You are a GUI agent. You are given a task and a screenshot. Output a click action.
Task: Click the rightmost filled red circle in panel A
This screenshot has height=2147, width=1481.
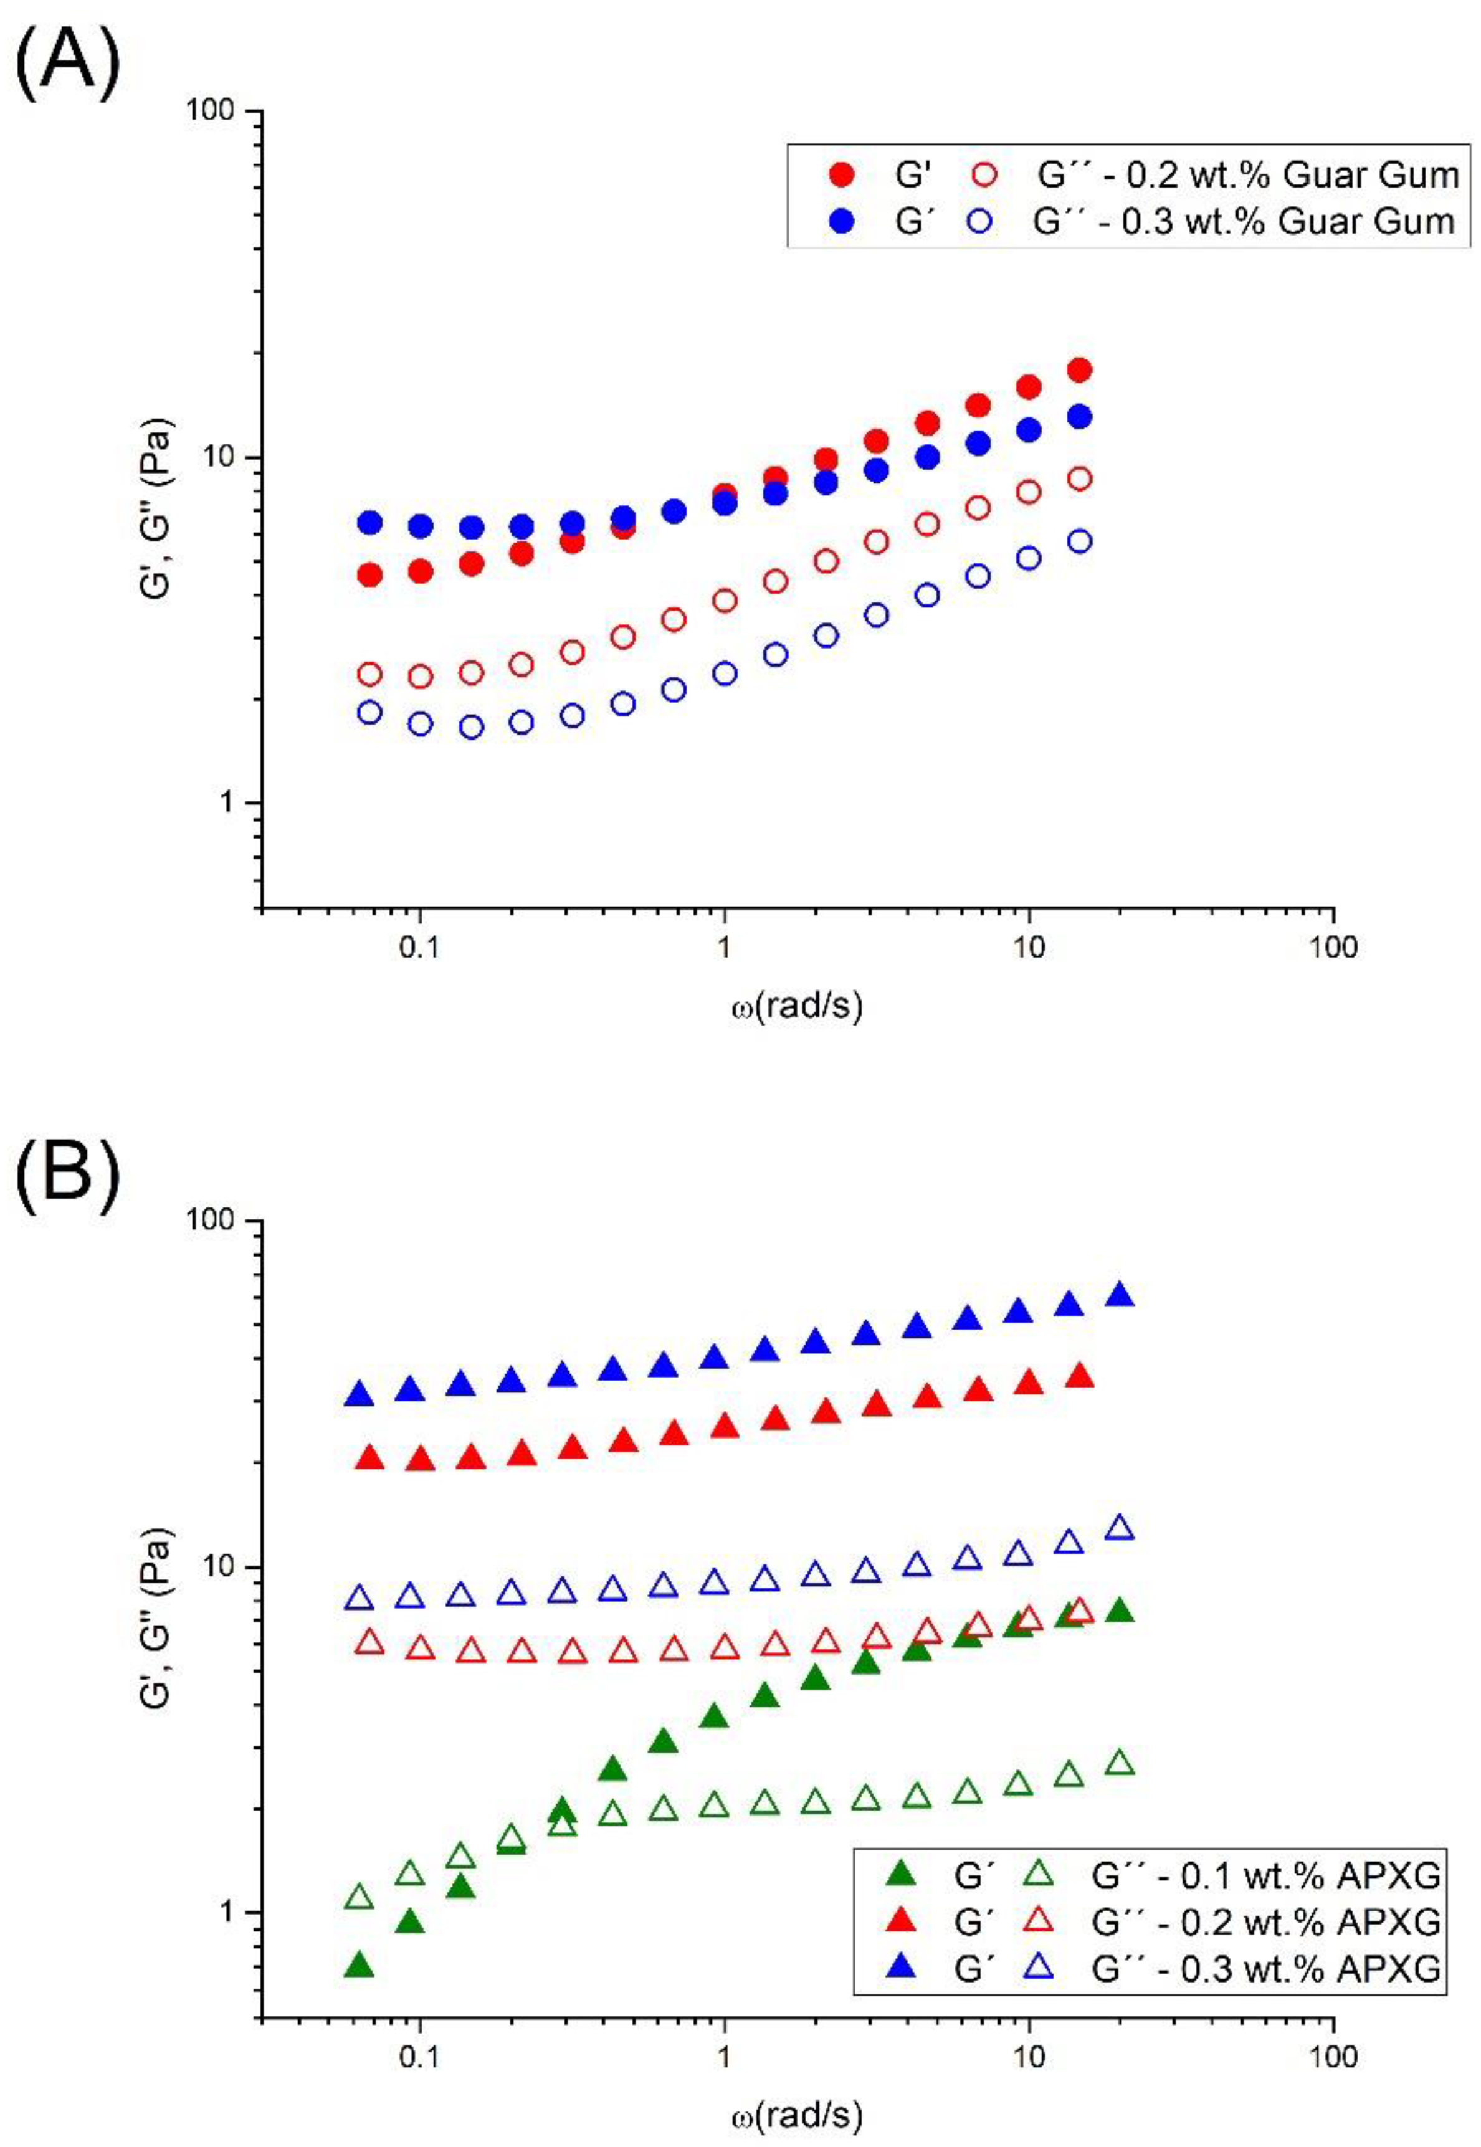click(1079, 370)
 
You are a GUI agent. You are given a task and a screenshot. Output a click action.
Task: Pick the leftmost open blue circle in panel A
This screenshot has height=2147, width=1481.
click(370, 713)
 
